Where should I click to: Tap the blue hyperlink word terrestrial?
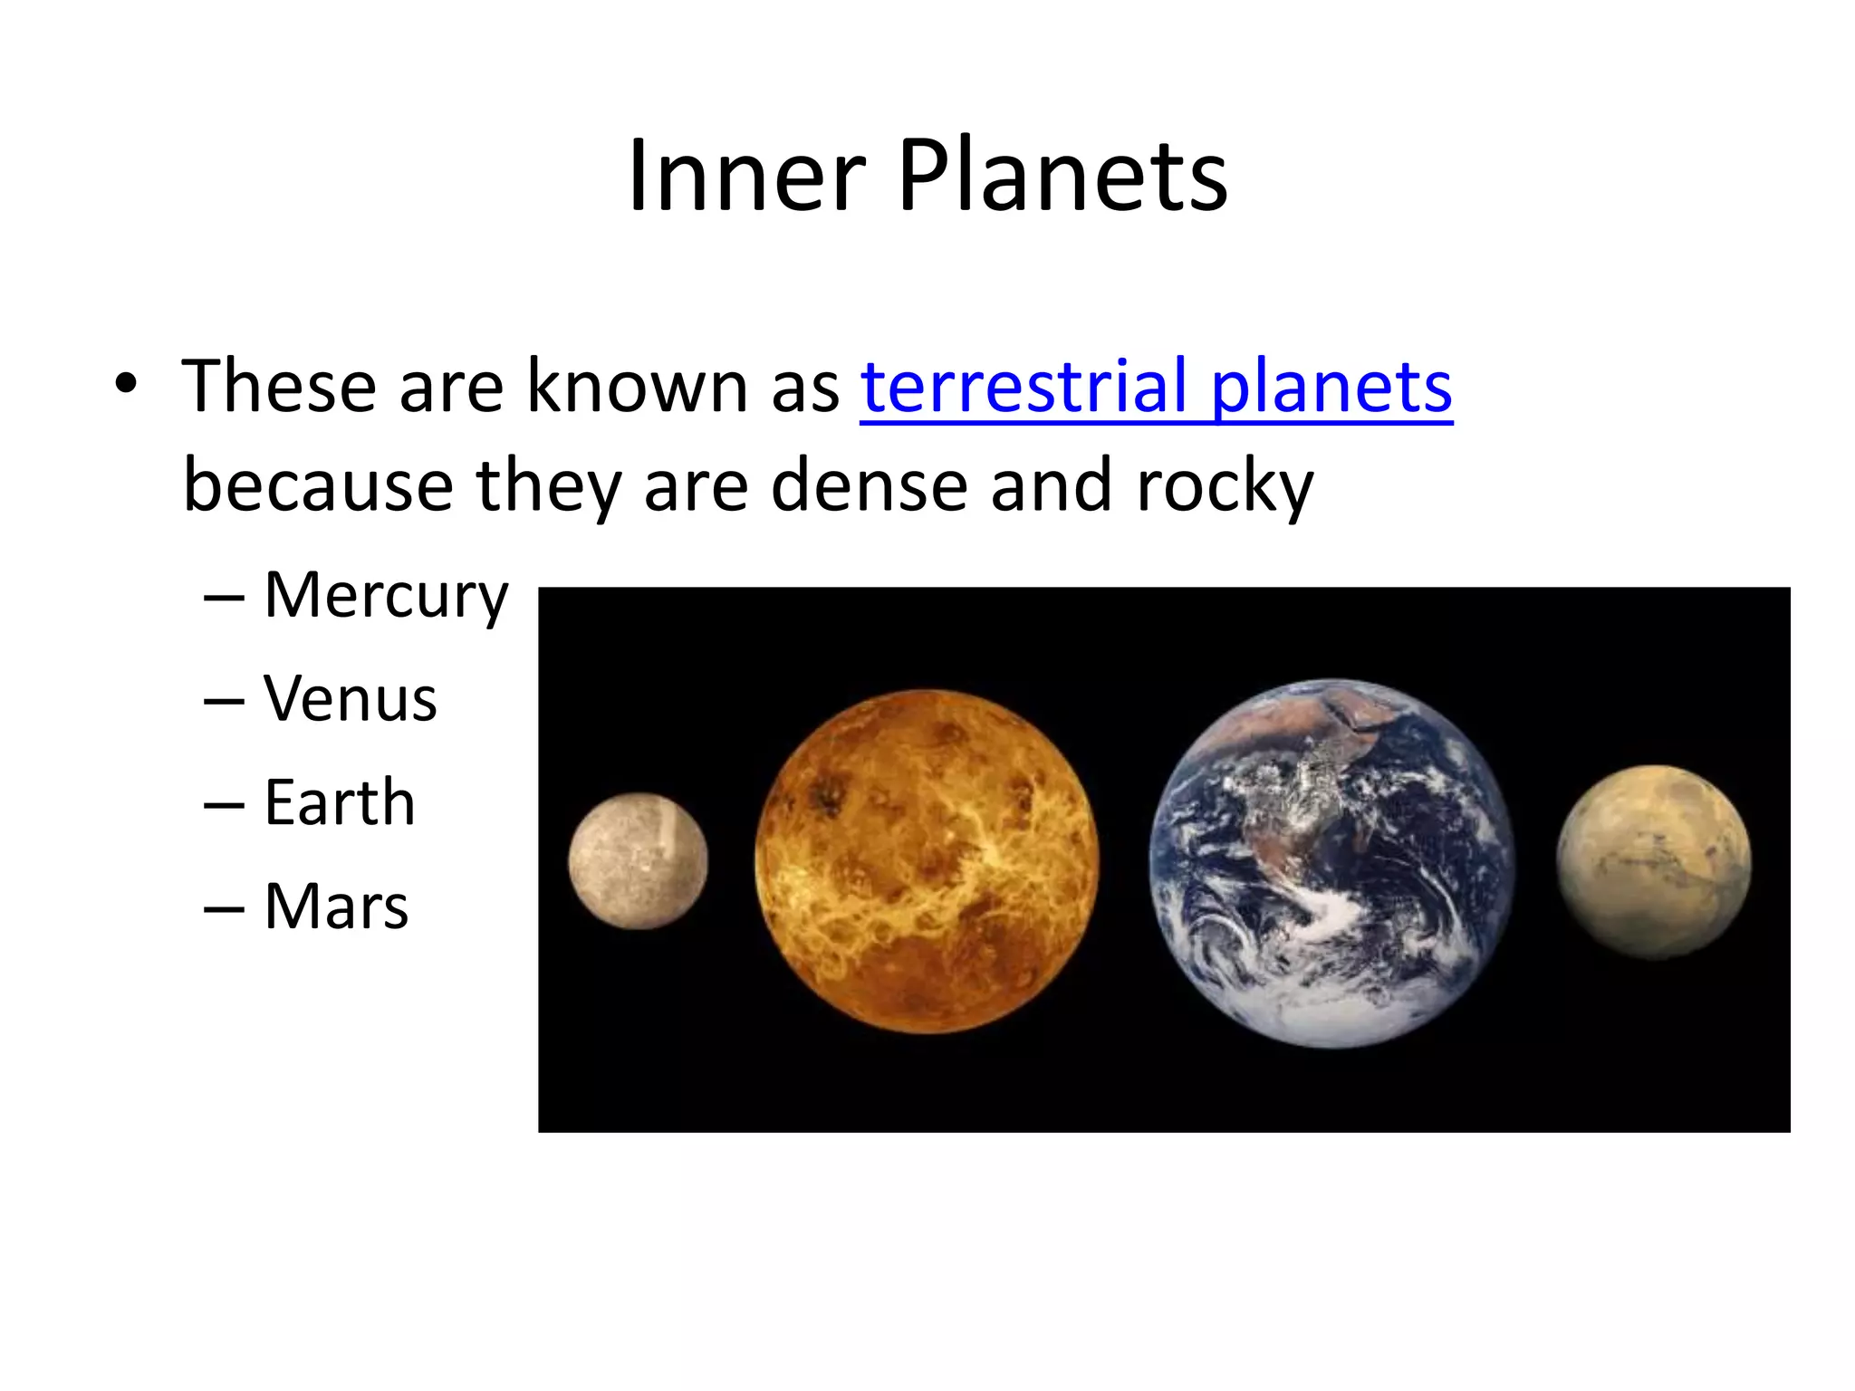point(1024,387)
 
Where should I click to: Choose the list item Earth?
point(340,802)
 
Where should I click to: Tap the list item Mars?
point(336,906)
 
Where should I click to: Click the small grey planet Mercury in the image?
point(638,860)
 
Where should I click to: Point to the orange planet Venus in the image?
point(926,861)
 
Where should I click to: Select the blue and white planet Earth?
point(1331,863)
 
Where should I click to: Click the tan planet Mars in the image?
point(1654,861)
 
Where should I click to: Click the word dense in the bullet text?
point(870,485)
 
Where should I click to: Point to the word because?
point(318,485)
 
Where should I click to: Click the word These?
point(278,387)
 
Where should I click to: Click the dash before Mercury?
point(224,600)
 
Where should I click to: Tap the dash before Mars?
point(224,908)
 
